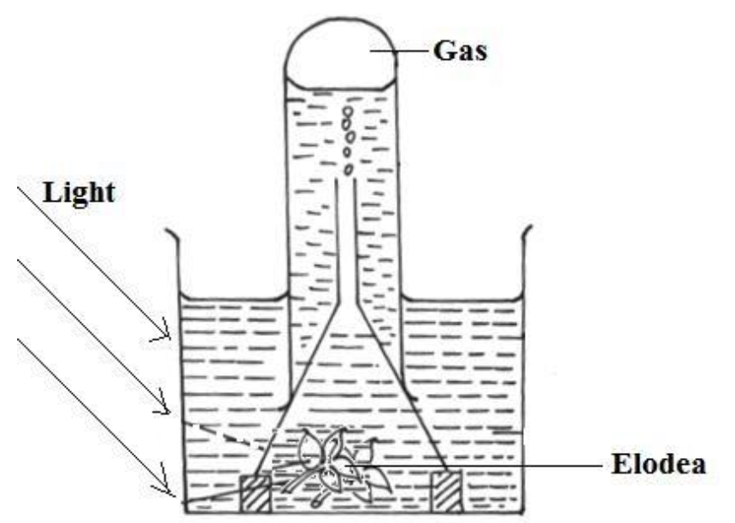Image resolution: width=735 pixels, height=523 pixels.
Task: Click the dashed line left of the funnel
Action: (218, 432)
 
